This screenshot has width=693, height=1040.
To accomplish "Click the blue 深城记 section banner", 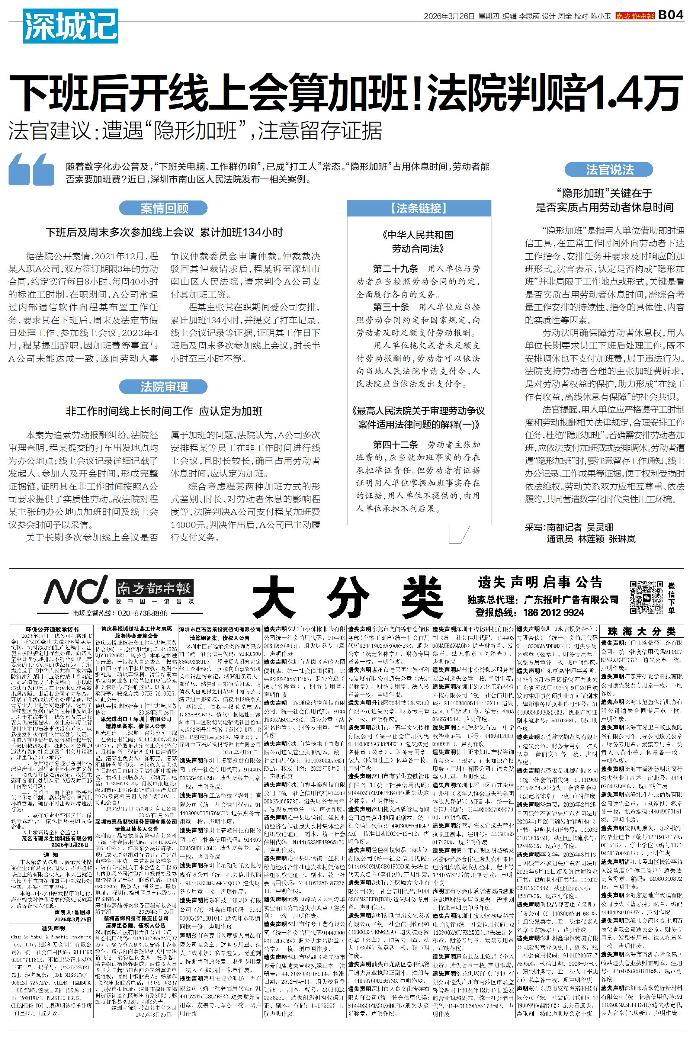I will point(70,26).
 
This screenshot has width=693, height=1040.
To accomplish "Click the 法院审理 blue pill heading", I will point(164,387).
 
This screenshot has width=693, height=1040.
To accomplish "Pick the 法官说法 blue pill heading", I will point(609,169).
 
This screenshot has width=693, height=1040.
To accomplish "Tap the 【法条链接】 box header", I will point(418,208).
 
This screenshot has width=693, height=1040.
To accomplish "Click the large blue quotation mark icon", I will point(32,169).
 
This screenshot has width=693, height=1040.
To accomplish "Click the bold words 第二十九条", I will point(395,269).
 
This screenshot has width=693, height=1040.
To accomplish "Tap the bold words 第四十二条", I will point(395,444).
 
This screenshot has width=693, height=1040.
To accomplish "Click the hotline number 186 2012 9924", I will point(554,612).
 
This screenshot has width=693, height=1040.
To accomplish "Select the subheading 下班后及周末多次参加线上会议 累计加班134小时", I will point(164,233).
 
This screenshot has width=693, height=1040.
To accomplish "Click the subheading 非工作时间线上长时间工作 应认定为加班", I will point(164,411).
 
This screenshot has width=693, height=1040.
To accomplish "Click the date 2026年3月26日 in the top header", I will point(449,16).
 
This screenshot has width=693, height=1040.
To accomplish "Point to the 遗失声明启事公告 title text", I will point(540,582).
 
